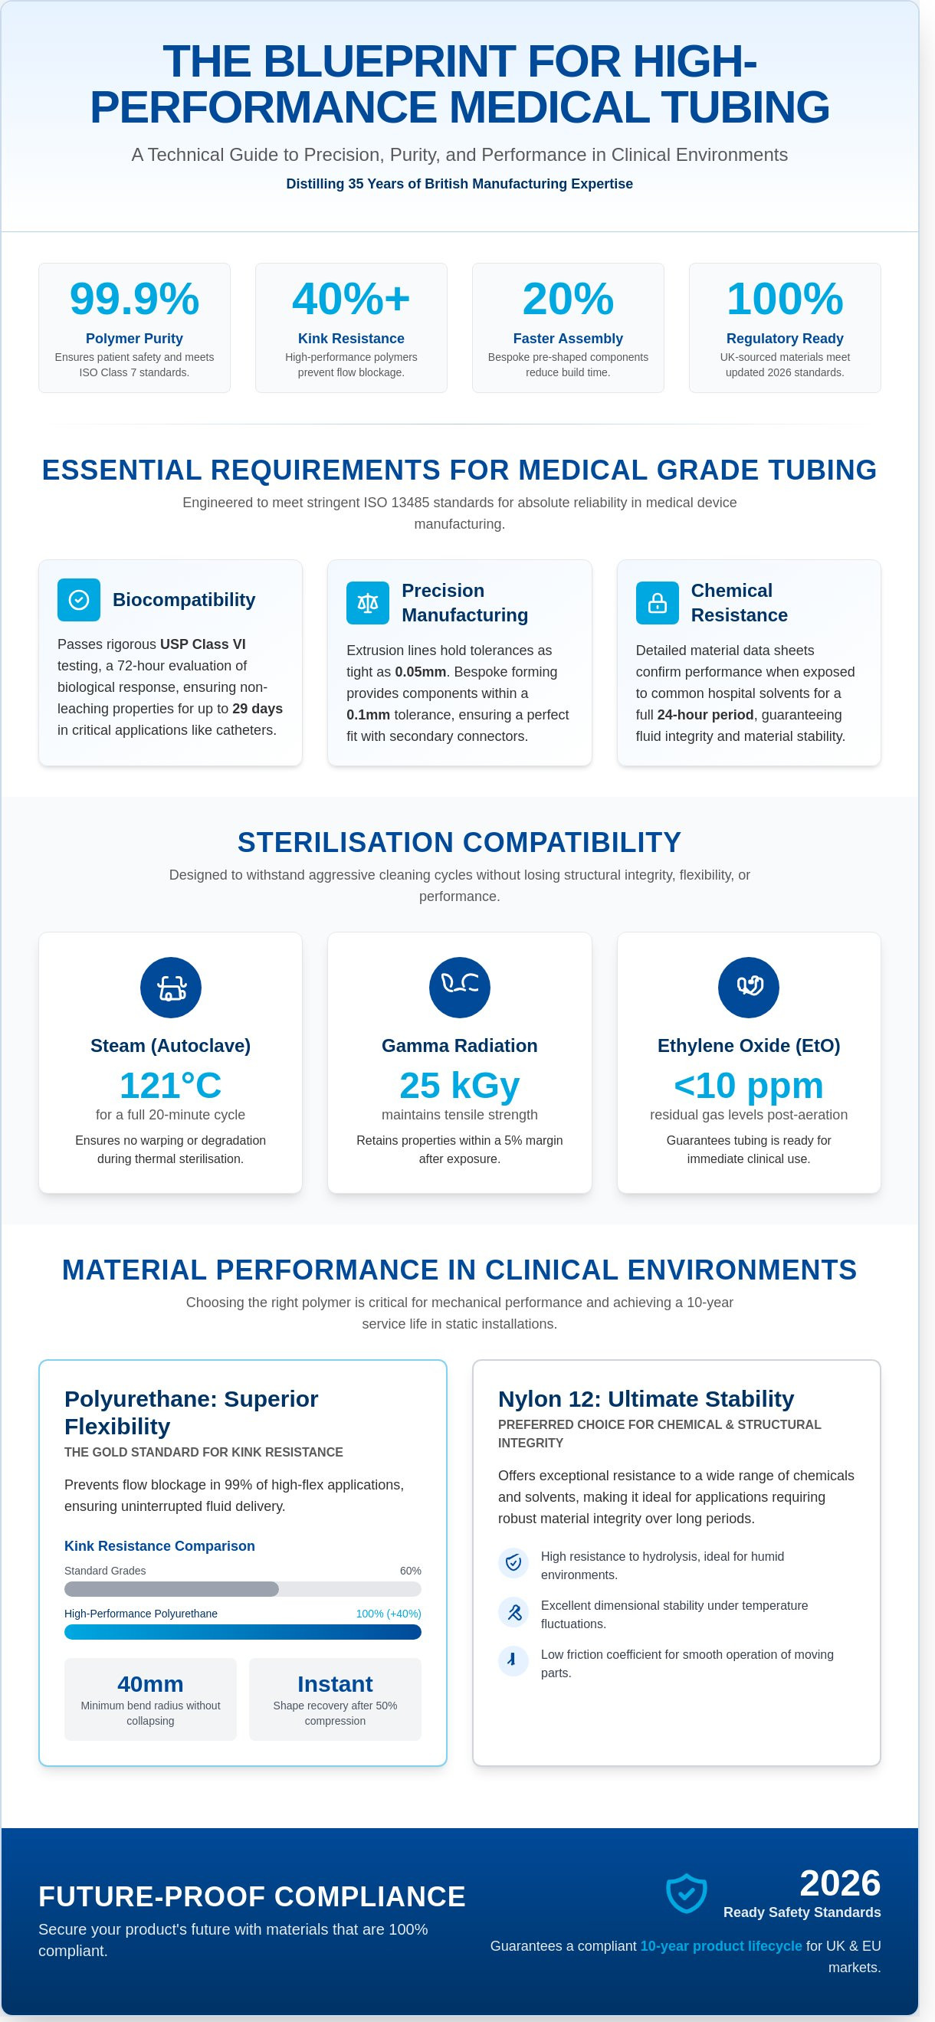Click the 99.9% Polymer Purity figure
click(134, 299)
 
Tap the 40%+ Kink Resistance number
click(351, 299)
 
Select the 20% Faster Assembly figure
click(568, 299)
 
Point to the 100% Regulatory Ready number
click(784, 299)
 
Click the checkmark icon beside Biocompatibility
click(78, 600)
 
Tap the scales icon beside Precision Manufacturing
click(367, 603)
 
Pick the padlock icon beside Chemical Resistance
click(657, 603)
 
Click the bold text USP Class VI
click(202, 644)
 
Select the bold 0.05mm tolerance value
click(420, 672)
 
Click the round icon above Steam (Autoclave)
click(170, 988)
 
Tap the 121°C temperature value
click(170, 1086)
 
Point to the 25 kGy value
click(459, 1086)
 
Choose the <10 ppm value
click(748, 1086)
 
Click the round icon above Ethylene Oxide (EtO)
click(748, 988)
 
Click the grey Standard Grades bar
click(171, 1590)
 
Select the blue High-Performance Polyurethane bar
click(243, 1632)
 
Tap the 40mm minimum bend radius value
click(150, 1684)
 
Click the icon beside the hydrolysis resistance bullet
click(513, 1562)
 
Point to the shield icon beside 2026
click(686, 1893)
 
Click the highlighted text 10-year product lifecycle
click(720, 1946)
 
